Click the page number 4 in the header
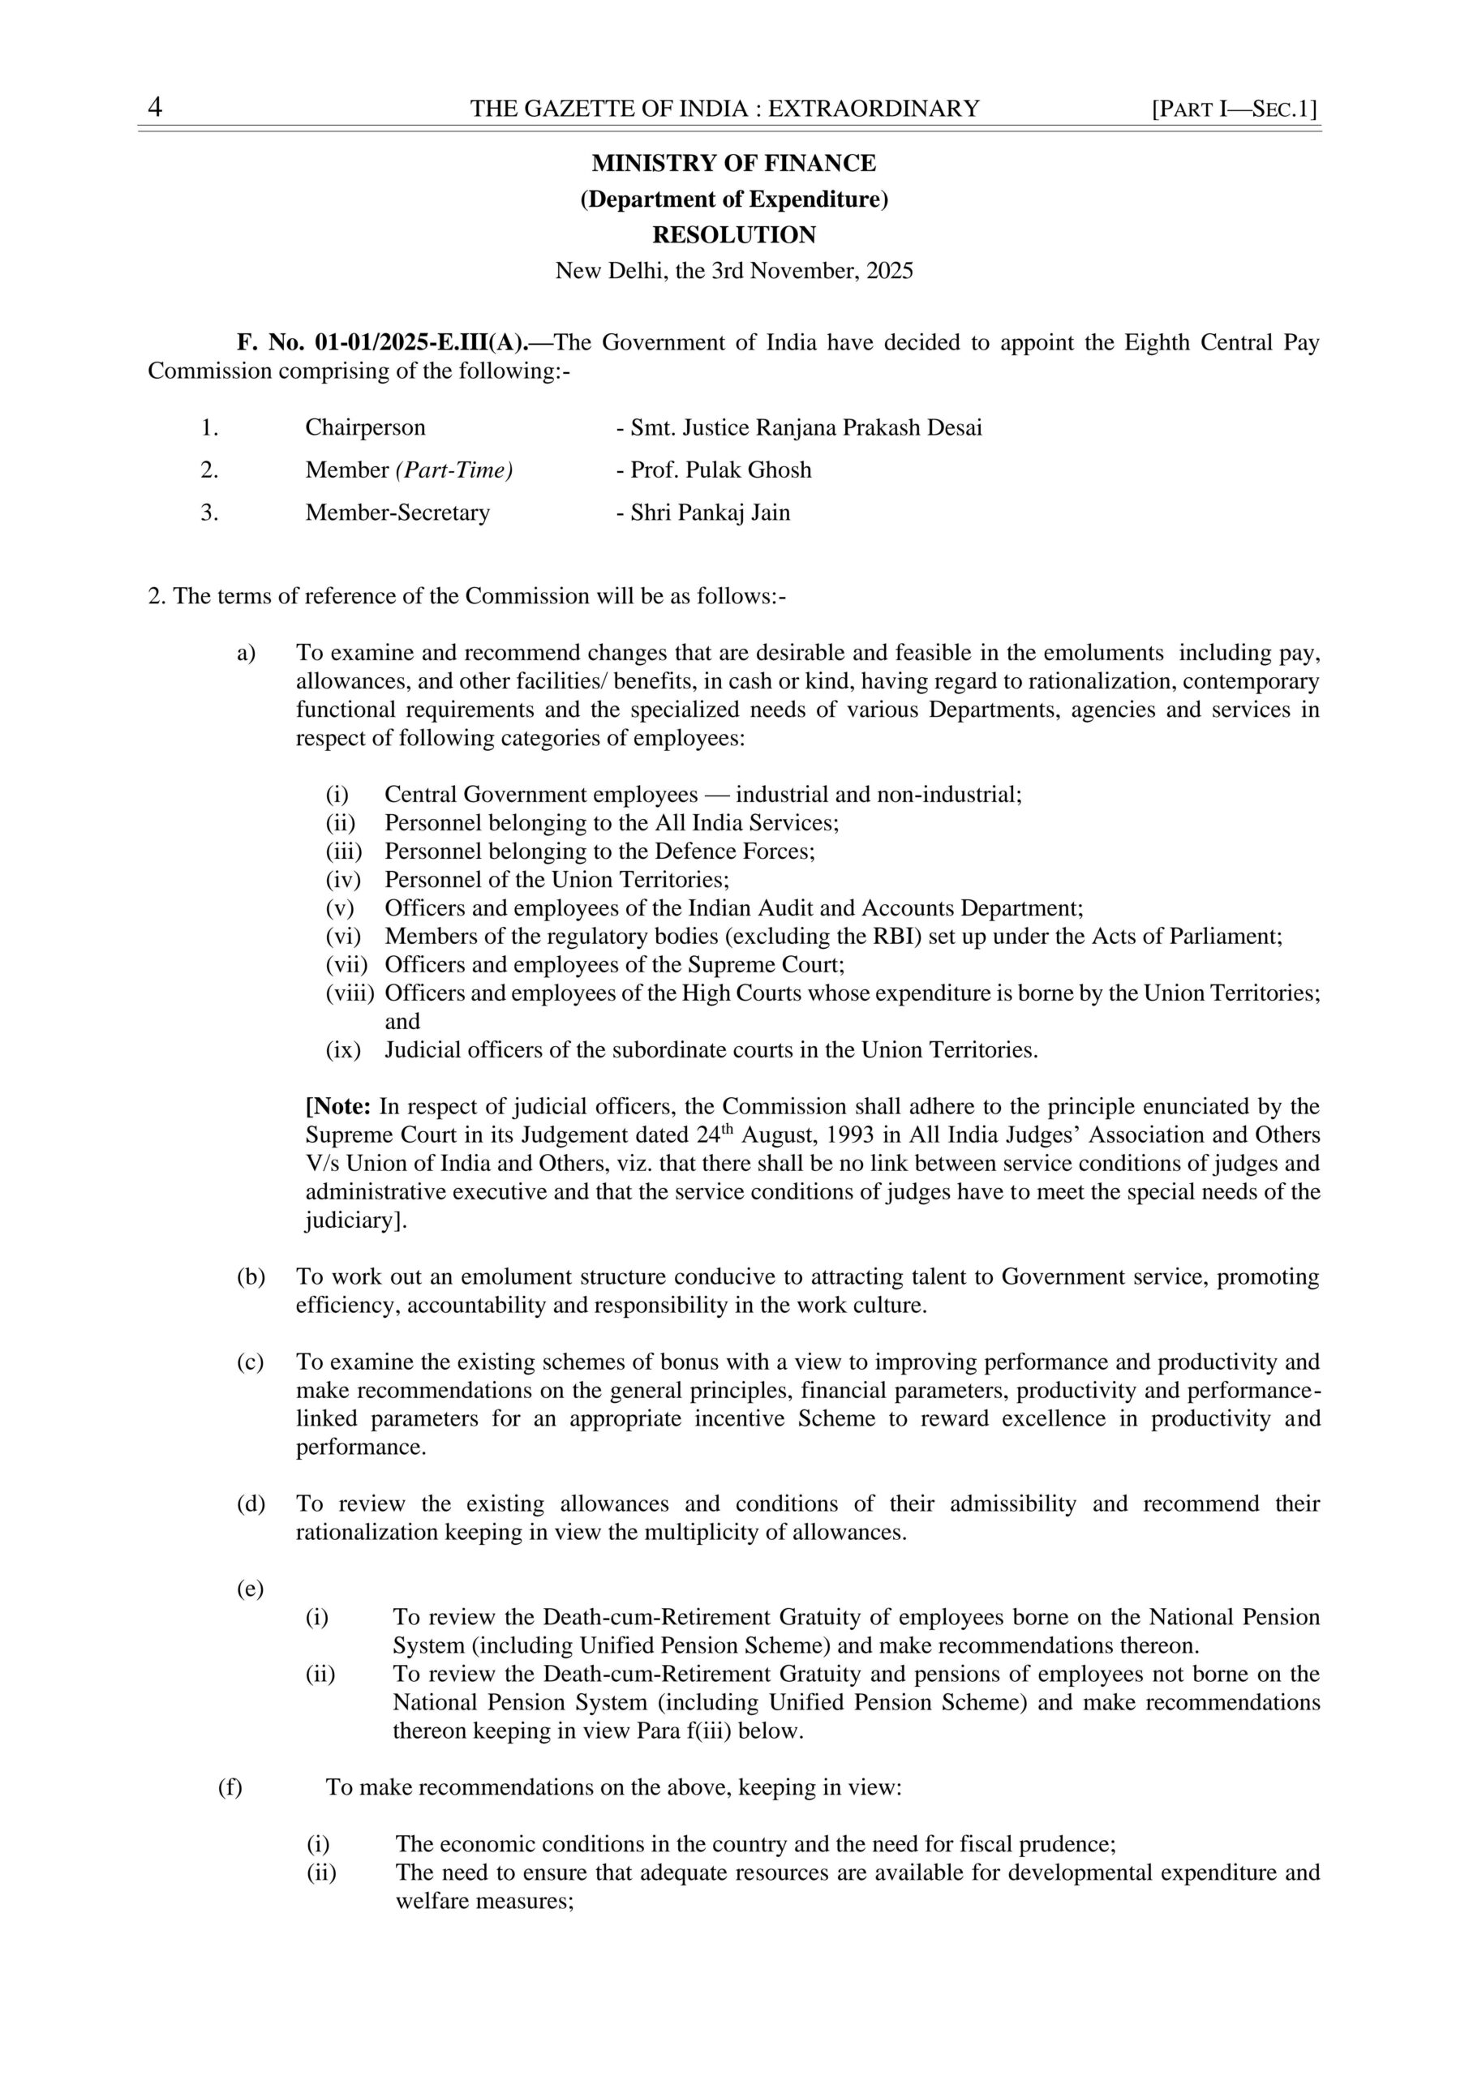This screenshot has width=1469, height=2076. click(155, 108)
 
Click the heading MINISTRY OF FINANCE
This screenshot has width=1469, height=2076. click(733, 164)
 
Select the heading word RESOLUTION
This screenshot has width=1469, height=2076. click(733, 235)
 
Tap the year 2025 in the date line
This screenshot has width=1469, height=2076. click(889, 270)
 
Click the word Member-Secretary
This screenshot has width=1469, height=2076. click(397, 513)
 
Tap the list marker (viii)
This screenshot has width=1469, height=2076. click(349, 993)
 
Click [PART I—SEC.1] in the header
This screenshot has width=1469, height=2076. click(1234, 109)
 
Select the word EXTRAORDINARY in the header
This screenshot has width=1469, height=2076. click(873, 109)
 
